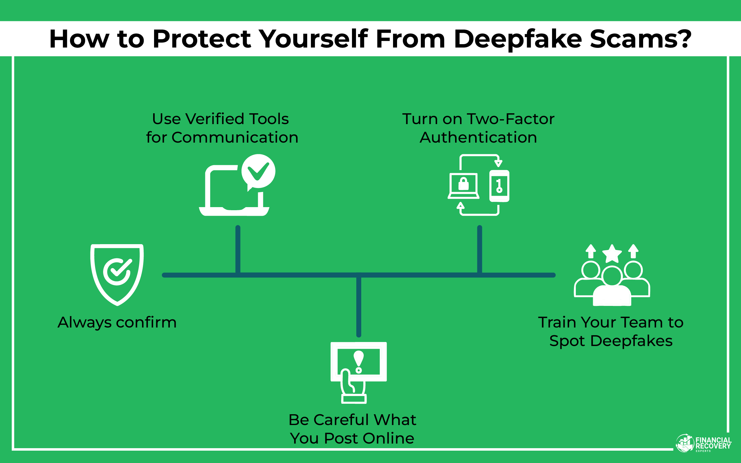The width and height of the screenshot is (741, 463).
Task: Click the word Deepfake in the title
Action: click(518, 39)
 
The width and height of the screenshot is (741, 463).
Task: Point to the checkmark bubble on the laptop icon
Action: click(258, 171)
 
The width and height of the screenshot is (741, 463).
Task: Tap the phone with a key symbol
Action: click(499, 186)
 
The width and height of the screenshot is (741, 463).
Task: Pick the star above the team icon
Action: click(612, 254)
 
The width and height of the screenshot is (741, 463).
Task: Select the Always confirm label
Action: click(117, 322)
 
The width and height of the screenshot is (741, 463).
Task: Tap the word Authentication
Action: click(478, 137)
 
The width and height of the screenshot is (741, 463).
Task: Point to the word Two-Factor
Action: click(511, 119)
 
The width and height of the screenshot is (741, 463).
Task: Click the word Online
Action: click(388, 438)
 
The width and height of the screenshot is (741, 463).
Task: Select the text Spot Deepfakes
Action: click(611, 341)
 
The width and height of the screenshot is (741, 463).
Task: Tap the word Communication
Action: click(235, 137)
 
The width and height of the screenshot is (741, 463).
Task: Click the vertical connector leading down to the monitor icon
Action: click(358, 306)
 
